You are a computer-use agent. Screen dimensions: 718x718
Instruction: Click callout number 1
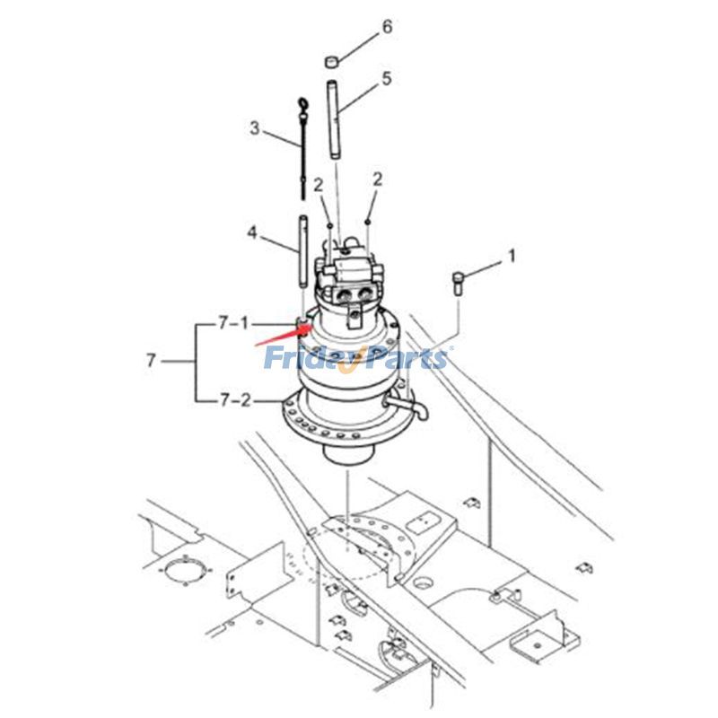click(x=512, y=256)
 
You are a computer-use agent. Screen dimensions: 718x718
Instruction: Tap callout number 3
click(x=255, y=128)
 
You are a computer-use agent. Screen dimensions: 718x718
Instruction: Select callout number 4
click(x=253, y=234)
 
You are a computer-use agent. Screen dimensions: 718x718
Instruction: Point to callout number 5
click(x=387, y=79)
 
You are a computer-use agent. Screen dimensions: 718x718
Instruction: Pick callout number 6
click(x=387, y=27)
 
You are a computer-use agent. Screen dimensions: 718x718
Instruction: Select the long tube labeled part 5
click(x=335, y=120)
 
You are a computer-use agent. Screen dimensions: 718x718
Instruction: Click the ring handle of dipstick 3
click(x=303, y=108)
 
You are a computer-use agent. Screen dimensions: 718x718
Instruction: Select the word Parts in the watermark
click(x=405, y=359)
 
